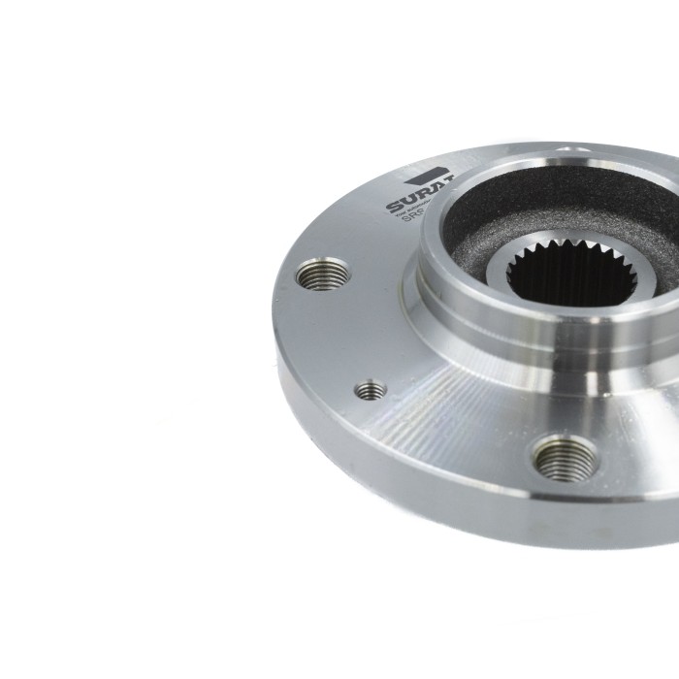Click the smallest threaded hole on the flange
click(371, 390)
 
